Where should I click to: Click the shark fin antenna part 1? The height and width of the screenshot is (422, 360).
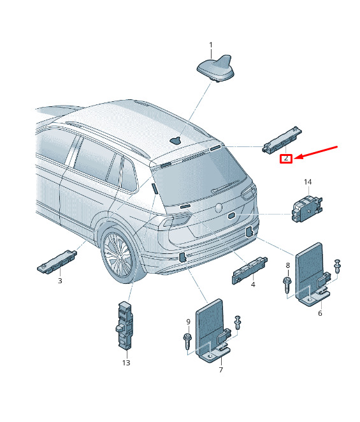click(x=215, y=68)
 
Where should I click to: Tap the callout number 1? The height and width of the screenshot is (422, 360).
click(x=211, y=45)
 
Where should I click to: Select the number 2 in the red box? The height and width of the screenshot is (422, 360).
click(x=286, y=158)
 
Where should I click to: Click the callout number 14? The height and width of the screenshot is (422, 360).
click(x=308, y=182)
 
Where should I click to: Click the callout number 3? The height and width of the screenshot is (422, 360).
click(x=60, y=281)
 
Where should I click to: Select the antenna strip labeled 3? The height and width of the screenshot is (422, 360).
click(x=57, y=262)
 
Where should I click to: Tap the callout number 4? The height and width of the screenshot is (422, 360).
click(x=253, y=285)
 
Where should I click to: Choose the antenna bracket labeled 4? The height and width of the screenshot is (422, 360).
click(x=250, y=270)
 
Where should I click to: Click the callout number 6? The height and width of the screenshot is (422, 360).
click(x=320, y=313)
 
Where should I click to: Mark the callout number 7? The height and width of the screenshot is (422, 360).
click(x=221, y=370)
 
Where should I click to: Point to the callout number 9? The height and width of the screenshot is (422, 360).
click(x=189, y=322)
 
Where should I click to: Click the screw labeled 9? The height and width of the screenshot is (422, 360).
click(x=187, y=341)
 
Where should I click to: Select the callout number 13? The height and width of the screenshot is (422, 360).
click(x=126, y=363)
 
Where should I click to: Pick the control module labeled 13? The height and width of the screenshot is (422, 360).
click(x=125, y=325)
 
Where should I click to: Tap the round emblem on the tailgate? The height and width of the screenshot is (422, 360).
click(x=219, y=207)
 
